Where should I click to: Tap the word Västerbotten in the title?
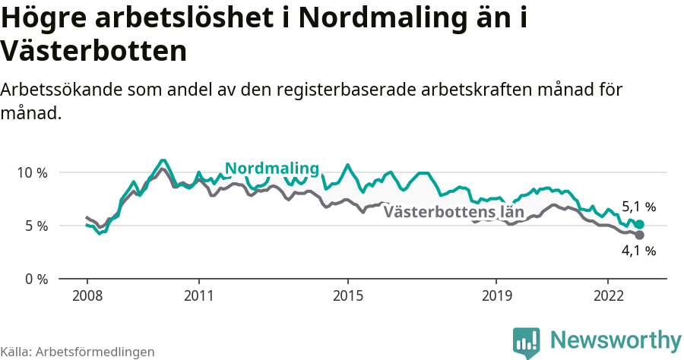(x=93, y=52)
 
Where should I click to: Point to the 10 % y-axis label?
(x=32, y=172)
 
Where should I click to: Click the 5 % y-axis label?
(x=36, y=226)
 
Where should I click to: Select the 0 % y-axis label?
(x=36, y=279)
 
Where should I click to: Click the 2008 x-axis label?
(x=87, y=295)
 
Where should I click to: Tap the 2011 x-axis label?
(x=198, y=295)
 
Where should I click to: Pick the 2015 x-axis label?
(x=347, y=295)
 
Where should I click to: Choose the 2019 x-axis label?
(x=496, y=295)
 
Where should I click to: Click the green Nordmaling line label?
(x=271, y=169)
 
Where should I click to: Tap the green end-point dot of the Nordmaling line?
(x=639, y=225)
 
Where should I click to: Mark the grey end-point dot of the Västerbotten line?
(x=639, y=235)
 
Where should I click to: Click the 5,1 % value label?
(x=638, y=207)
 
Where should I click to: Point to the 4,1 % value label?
(x=638, y=251)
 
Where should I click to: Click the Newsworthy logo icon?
(x=527, y=342)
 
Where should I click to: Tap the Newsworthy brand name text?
(x=616, y=340)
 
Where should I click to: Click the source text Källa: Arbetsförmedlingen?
(x=78, y=352)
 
